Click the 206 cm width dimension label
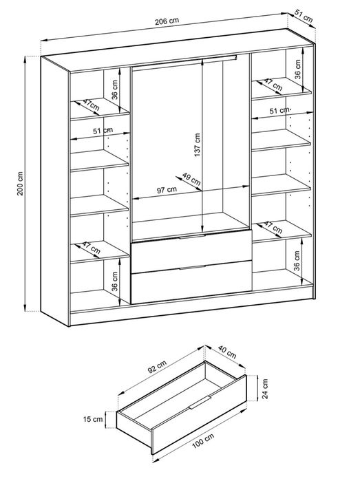167,21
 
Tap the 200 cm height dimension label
20,184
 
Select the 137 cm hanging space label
197,145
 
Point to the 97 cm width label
167,190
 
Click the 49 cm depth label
191,179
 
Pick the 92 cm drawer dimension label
157,367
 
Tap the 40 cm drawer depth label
227,352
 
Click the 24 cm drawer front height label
265,388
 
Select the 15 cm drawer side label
93,419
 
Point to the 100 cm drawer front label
203,441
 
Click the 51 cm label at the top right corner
304,16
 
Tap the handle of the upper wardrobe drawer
192,236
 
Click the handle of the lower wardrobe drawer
192,267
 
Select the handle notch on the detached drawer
200,403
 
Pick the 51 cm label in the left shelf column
103,131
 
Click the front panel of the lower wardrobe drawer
191,282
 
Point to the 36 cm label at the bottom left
114,281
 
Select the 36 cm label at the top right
297,70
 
